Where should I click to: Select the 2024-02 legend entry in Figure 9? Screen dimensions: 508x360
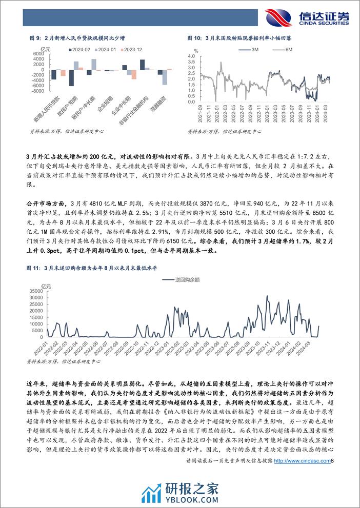pos(81,49)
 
